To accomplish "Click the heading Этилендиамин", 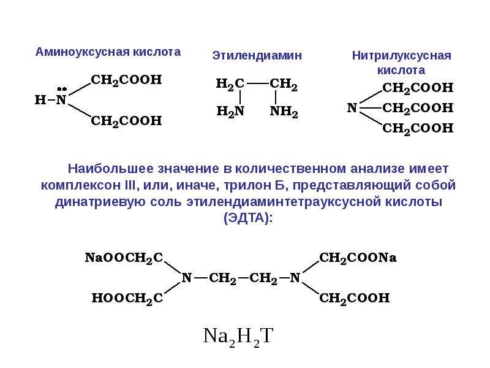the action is [x=257, y=56].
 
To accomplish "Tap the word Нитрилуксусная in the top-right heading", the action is [x=402, y=56].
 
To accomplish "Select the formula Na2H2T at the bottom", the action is [x=238, y=337].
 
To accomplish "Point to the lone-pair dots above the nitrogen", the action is [x=62, y=89].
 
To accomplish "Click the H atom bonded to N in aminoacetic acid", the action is [x=40, y=100].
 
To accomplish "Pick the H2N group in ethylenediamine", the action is [x=230, y=112].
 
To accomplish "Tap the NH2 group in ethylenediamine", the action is [x=284, y=112].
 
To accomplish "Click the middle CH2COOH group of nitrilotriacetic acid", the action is [x=418, y=109].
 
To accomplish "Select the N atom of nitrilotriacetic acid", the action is [x=352, y=108].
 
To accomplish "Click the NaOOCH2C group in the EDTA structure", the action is [x=124, y=258].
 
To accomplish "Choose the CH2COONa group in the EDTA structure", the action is [x=358, y=258].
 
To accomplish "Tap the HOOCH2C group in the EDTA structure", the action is [x=127, y=298].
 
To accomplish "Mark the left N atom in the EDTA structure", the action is [x=187, y=278].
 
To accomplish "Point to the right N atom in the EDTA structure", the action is [x=295, y=278].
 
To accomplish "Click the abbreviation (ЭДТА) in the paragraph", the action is [x=249, y=218].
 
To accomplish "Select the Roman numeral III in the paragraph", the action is [x=130, y=185].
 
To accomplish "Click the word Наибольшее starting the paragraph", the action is [x=111, y=169].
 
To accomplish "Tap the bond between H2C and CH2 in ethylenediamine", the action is [x=258, y=83].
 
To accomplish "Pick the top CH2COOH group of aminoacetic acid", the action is [x=126, y=80].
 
